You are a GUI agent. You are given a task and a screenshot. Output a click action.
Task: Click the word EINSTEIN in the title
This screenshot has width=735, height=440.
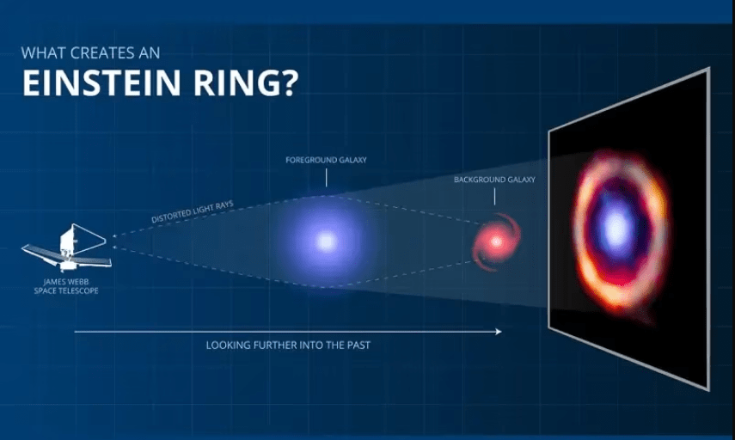click(101, 83)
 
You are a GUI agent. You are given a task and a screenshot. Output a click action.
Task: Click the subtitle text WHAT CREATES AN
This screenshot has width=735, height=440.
click(90, 52)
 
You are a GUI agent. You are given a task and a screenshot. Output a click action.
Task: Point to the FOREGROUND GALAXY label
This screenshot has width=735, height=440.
click(327, 160)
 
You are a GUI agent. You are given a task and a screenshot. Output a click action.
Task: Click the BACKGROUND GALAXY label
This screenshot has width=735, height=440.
click(494, 180)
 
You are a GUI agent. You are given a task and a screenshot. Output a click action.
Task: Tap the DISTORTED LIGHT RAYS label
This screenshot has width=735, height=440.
click(193, 211)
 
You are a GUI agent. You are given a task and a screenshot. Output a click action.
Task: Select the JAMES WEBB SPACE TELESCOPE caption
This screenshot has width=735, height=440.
click(66, 286)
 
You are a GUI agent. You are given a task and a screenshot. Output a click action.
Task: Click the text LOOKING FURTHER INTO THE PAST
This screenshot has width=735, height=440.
click(288, 345)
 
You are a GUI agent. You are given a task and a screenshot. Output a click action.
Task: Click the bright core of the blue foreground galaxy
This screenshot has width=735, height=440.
click(327, 241)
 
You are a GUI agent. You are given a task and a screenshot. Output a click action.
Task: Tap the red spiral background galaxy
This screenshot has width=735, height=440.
click(496, 242)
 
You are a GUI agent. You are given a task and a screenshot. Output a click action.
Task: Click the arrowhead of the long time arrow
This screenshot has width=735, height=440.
click(499, 331)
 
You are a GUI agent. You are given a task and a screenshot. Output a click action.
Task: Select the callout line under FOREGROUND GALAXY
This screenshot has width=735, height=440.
click(327, 178)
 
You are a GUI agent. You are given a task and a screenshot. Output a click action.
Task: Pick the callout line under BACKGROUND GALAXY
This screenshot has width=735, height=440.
click(494, 196)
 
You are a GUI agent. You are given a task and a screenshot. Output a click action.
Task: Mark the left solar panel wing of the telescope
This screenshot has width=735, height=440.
click(42, 253)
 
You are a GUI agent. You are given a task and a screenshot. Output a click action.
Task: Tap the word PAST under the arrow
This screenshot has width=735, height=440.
click(358, 345)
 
